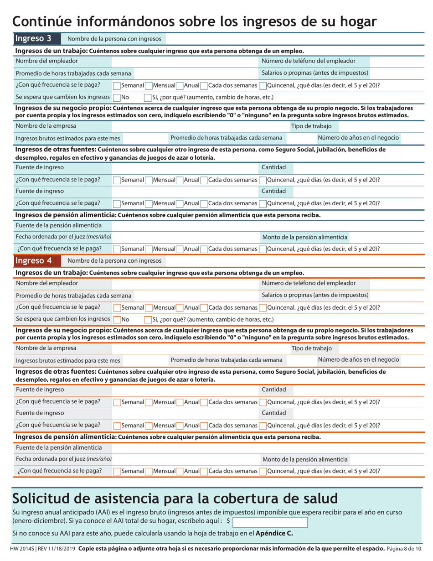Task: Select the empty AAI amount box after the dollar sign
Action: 270,522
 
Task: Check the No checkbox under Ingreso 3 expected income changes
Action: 117,97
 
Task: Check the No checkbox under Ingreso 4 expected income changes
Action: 117,319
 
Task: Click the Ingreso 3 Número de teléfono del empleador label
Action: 309,61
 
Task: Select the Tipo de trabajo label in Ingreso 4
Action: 311,348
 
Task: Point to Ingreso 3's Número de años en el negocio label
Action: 358,138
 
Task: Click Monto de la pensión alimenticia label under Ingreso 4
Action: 305,459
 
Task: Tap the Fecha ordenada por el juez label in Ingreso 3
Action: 63,237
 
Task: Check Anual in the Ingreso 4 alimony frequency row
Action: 180,471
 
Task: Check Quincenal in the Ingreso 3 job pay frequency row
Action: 263,85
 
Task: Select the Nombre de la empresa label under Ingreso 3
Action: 46,126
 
